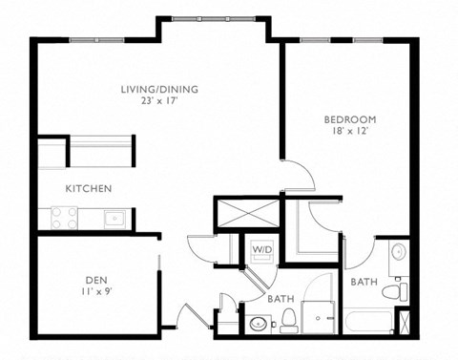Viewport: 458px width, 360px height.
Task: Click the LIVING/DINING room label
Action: (159, 90)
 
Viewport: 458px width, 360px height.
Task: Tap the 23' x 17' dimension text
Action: (159, 102)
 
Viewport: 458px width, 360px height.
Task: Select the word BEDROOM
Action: (349, 119)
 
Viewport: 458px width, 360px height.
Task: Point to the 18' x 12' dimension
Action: (349, 132)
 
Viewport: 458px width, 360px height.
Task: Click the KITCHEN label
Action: (89, 189)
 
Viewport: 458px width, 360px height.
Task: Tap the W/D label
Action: (261, 250)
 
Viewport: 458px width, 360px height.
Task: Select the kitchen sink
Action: (114, 219)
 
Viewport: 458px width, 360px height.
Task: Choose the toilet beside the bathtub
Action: (400, 288)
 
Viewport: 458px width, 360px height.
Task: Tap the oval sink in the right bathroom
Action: (398, 253)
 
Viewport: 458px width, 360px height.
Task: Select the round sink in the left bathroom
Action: (258, 323)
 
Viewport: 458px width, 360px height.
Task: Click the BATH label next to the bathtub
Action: (363, 283)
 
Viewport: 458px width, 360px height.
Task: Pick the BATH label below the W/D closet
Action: (280, 299)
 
